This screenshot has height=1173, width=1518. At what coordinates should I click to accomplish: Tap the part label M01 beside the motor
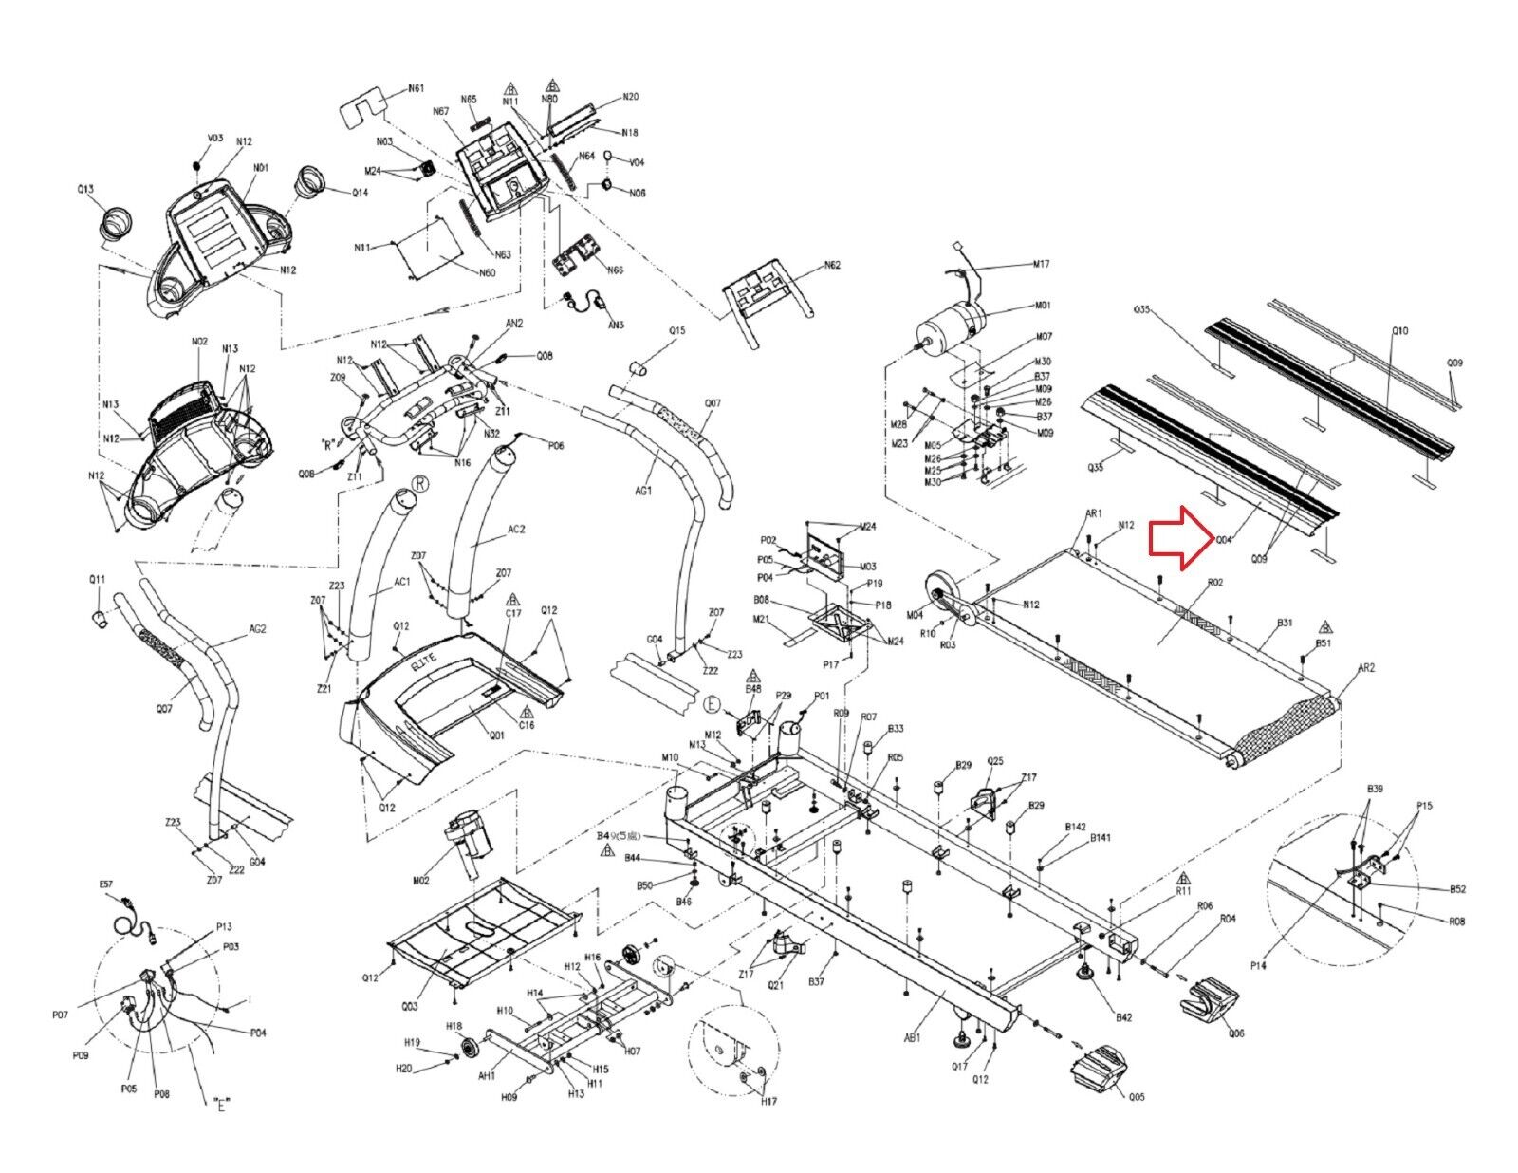[x=1043, y=306]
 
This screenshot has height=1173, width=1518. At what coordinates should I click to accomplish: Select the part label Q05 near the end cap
[x=1137, y=1098]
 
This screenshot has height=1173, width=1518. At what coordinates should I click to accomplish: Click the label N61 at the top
[x=416, y=88]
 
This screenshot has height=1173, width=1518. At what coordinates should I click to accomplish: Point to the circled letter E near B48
[x=713, y=704]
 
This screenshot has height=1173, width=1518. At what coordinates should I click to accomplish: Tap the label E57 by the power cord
[x=105, y=884]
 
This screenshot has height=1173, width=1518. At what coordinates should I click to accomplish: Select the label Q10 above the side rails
[x=1400, y=331]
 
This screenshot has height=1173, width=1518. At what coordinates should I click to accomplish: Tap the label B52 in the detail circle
[x=1457, y=889]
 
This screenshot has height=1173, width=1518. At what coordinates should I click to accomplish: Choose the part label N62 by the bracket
[x=832, y=265]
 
